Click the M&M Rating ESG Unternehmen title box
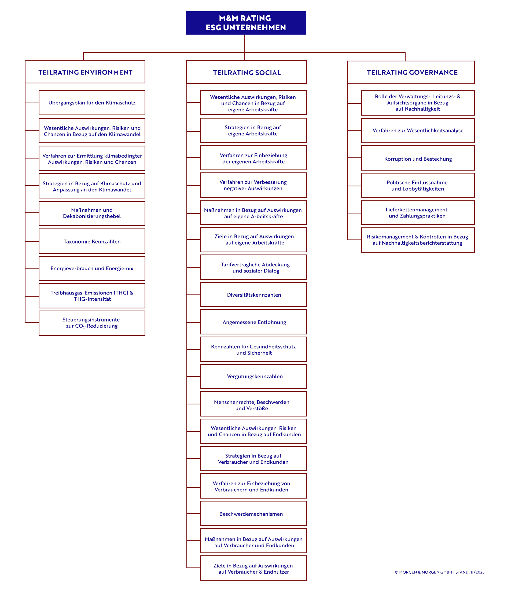246,23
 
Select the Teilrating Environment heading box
85,72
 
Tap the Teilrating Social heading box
246,72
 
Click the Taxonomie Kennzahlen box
92,241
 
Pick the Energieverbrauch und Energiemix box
92,268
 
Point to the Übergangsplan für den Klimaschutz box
92,103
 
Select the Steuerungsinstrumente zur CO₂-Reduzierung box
92,323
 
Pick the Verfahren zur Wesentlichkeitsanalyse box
418,131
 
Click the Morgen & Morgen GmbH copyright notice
439,572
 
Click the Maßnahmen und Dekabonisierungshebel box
92,213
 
